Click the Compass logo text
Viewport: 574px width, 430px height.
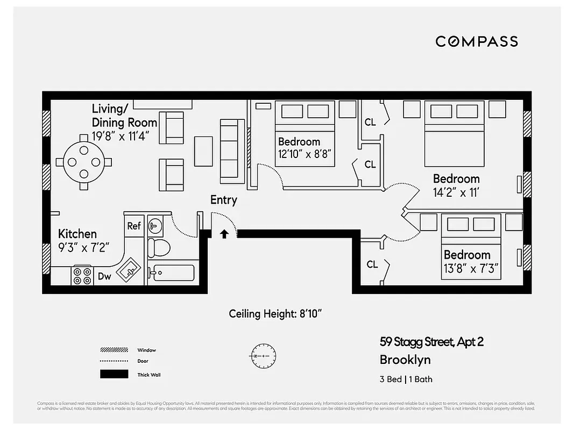(x=476, y=41)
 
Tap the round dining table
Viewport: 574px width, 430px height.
(x=84, y=162)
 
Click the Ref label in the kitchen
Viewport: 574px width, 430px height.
(x=134, y=226)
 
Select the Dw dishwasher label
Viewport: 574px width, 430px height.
(x=104, y=276)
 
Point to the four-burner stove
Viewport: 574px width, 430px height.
(x=82, y=276)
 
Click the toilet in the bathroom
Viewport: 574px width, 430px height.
(x=158, y=247)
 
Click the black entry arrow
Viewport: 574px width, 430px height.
(x=224, y=234)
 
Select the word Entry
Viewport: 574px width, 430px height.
(x=223, y=200)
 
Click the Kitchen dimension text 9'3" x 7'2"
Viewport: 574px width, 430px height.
(x=83, y=247)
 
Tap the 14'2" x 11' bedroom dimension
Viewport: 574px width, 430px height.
(x=456, y=192)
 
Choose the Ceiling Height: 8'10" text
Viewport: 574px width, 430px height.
(x=275, y=313)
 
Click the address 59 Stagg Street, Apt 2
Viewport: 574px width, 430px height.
(x=431, y=341)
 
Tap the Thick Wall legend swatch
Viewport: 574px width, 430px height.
(x=114, y=374)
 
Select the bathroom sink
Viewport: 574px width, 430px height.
(x=155, y=225)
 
